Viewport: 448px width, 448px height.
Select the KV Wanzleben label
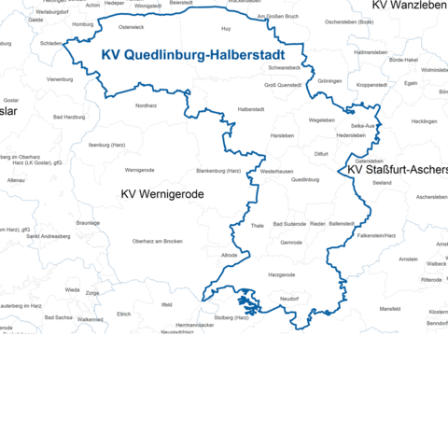[x=409, y=6]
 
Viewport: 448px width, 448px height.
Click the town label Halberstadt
[x=252, y=109]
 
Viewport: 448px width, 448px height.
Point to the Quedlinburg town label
[x=305, y=179]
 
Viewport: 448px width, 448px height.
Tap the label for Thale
[x=258, y=225]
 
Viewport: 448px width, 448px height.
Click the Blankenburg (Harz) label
[x=218, y=171]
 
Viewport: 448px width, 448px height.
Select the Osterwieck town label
[x=131, y=53]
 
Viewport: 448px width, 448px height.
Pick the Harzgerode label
[x=281, y=274]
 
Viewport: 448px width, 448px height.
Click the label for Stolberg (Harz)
[x=231, y=317]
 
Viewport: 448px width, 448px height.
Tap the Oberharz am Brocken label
[x=157, y=242]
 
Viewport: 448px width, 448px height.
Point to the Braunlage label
[x=88, y=223]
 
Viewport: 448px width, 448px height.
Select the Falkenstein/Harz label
[x=376, y=236]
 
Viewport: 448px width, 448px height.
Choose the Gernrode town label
[x=291, y=241]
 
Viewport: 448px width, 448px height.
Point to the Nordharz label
[x=147, y=105]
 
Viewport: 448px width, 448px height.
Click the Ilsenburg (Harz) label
[x=106, y=145]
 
